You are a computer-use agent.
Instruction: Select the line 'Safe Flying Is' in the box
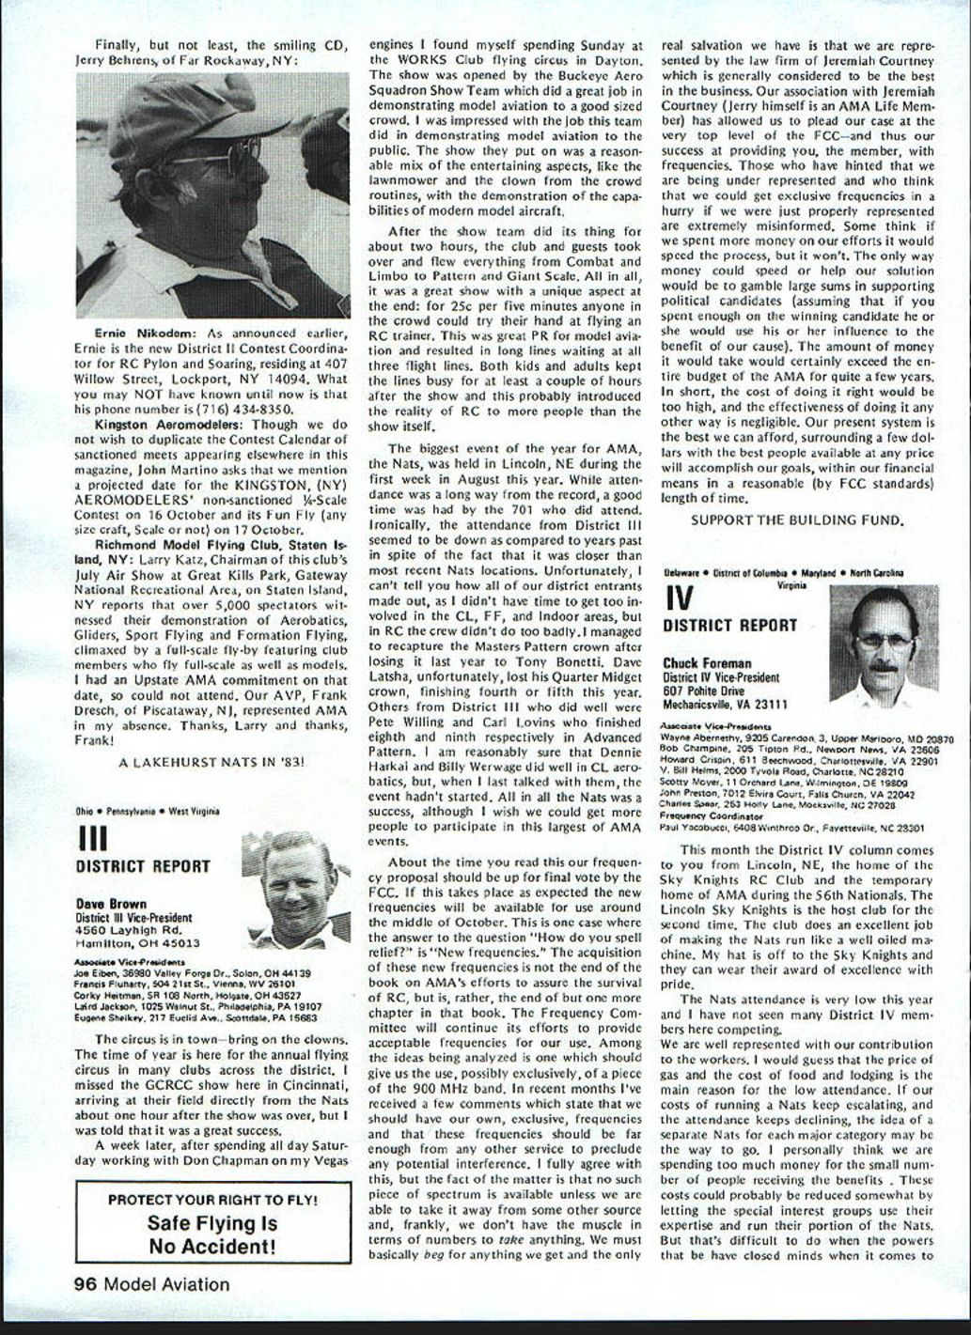(212, 1223)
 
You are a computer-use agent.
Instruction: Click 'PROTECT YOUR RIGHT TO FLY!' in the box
(212, 1200)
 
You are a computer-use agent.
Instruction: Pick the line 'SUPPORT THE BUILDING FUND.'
(797, 520)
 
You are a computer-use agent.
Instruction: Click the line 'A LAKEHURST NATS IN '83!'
(211, 761)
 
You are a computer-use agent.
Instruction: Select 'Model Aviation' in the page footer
(166, 1283)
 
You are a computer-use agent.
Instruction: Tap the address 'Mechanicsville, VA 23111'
(725, 704)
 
